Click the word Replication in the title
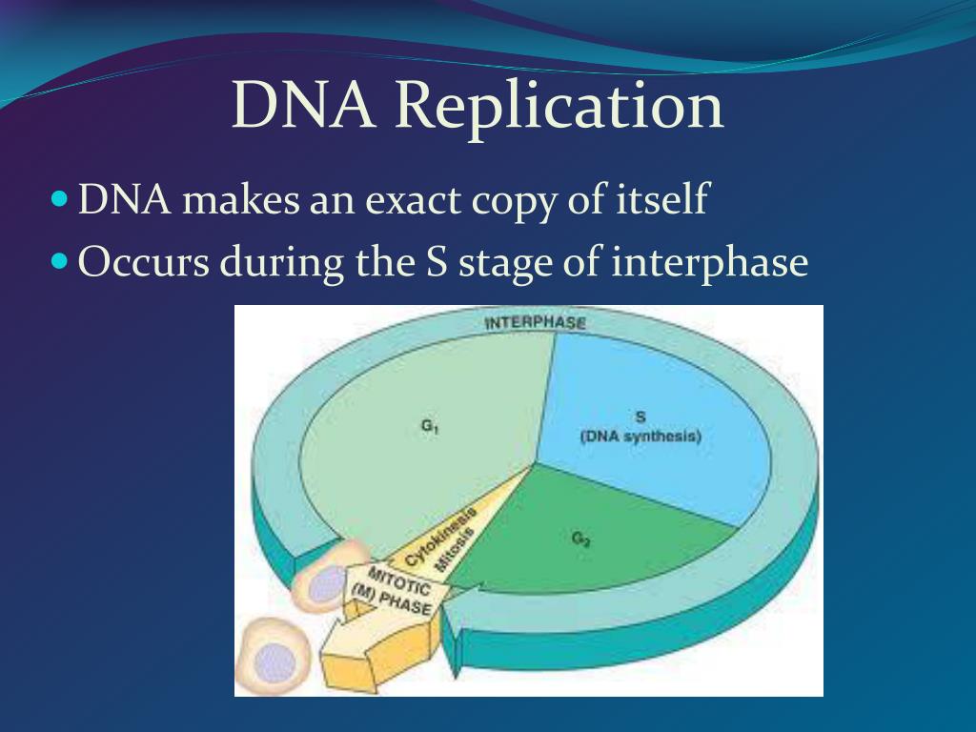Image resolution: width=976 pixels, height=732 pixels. click(x=559, y=107)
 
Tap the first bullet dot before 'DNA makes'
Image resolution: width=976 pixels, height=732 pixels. click(x=60, y=201)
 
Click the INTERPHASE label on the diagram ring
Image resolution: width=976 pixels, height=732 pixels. click(x=535, y=322)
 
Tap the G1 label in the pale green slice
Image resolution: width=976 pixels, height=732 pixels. click(x=430, y=428)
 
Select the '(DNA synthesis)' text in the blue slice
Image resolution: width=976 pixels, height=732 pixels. click(x=640, y=437)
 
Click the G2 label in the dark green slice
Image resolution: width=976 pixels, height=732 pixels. click(x=580, y=539)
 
